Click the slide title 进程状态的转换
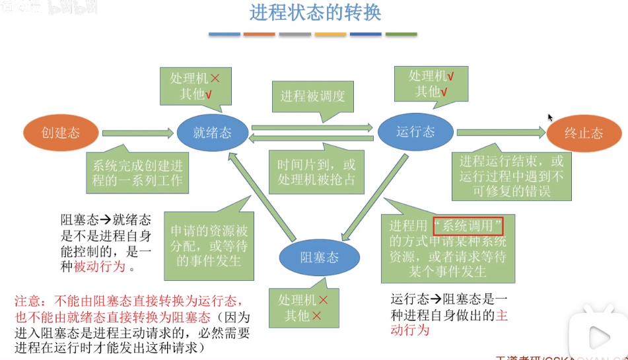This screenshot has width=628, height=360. tap(315, 13)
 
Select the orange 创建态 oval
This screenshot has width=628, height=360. tap(61, 133)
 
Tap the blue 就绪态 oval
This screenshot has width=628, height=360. tap(212, 132)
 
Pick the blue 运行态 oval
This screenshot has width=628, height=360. tap(415, 131)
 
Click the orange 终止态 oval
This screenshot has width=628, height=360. tap(584, 133)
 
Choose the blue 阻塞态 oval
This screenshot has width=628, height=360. tap(319, 258)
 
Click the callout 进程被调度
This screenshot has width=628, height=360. tap(312, 96)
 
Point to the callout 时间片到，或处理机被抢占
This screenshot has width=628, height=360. tap(316, 171)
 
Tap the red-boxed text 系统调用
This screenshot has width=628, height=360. tap(468, 227)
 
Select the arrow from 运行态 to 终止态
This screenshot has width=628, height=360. tap(500, 132)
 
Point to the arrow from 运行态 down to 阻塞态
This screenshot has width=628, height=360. tap(373, 198)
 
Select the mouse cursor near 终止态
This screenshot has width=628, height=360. tap(550, 118)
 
